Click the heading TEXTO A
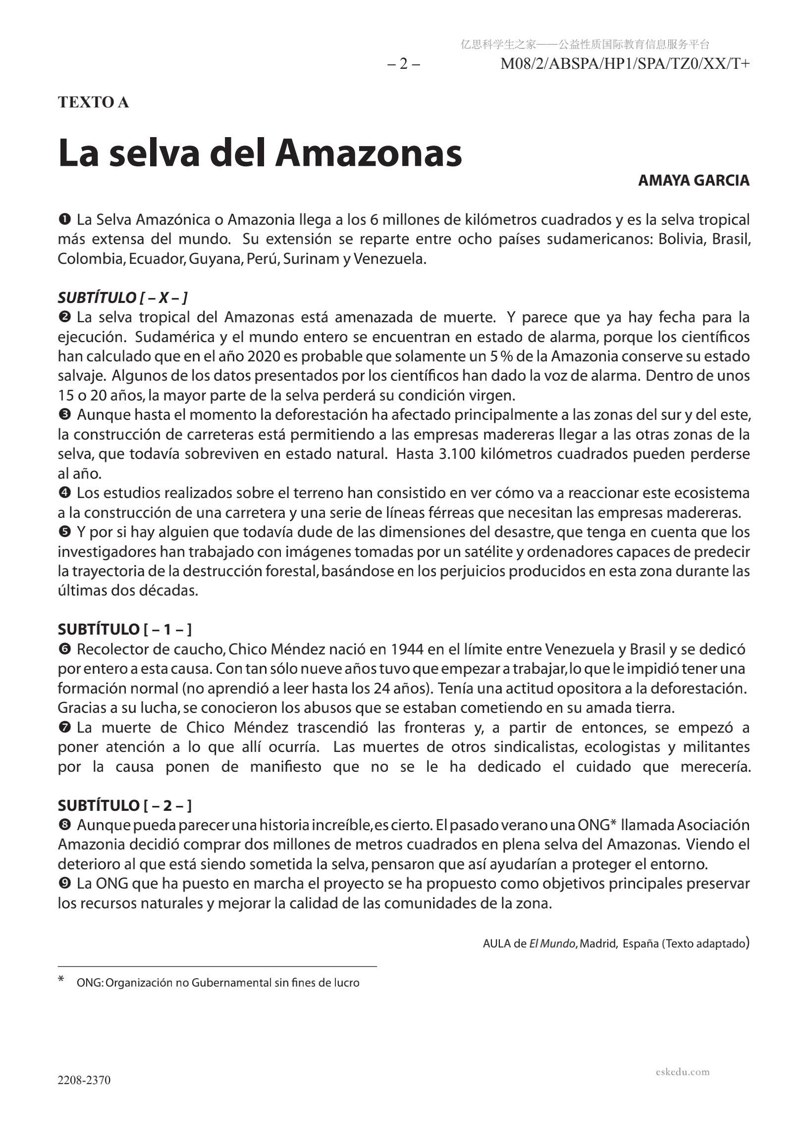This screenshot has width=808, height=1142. (x=94, y=102)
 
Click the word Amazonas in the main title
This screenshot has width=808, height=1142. (x=369, y=153)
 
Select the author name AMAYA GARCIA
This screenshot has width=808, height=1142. (x=693, y=181)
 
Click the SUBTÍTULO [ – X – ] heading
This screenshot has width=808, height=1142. (x=122, y=298)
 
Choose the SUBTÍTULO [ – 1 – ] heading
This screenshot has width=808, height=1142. (x=124, y=630)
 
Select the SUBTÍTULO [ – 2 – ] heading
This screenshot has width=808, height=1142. (x=124, y=805)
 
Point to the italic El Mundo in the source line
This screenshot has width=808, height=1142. (x=551, y=943)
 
